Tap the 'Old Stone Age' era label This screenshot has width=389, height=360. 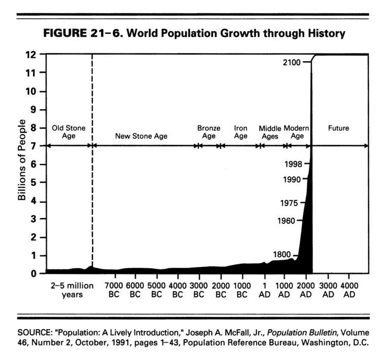click(68, 132)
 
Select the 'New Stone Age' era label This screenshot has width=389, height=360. click(141, 136)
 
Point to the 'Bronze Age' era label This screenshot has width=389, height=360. click(209, 132)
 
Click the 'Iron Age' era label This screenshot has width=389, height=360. click(241, 132)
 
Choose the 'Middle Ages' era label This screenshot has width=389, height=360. click(270, 133)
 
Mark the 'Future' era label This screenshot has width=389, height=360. click(338, 129)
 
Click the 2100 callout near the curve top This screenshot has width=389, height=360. click(292, 62)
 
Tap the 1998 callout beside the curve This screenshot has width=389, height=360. click(293, 164)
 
